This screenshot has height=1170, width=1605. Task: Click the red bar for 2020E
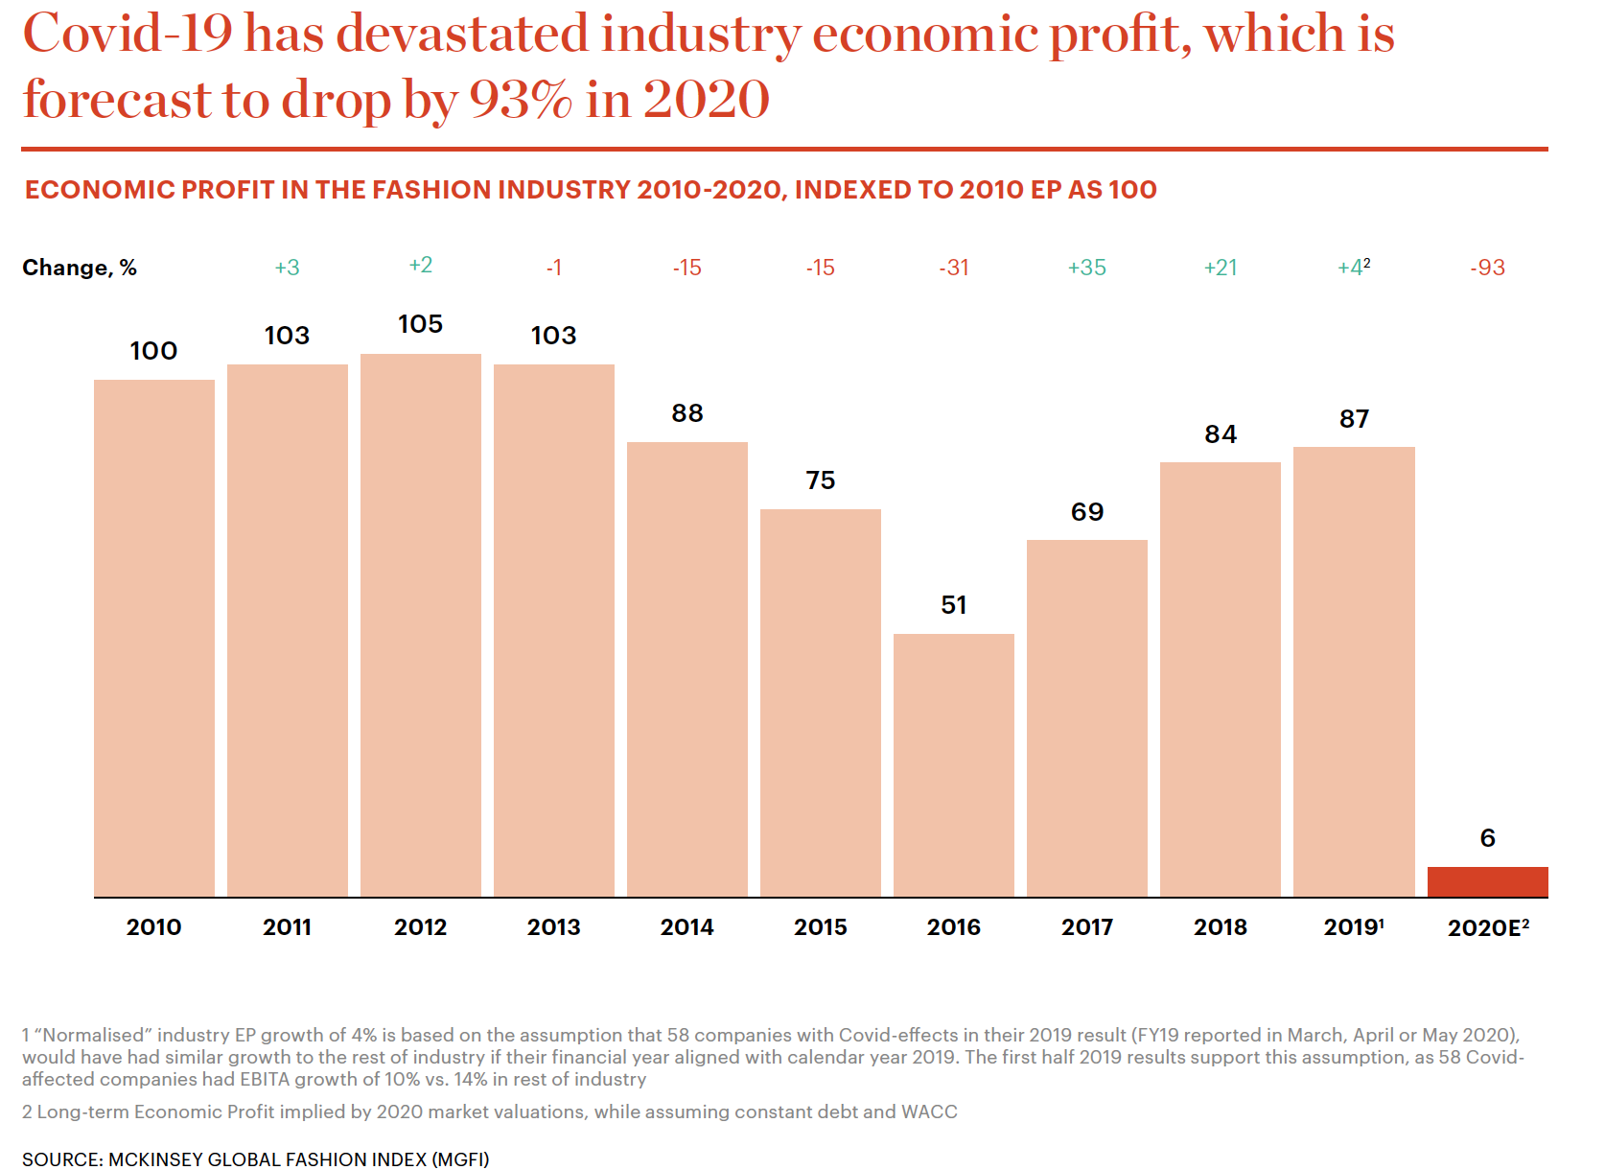click(x=1487, y=881)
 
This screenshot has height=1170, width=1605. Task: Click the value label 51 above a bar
click(x=953, y=605)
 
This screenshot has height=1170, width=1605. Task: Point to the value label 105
click(x=420, y=324)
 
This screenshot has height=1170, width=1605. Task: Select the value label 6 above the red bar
click(x=1487, y=838)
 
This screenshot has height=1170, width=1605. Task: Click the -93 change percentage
click(x=1487, y=268)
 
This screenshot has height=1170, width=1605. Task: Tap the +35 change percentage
click(x=1086, y=268)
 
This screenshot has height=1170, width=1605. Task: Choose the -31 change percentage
click(x=953, y=268)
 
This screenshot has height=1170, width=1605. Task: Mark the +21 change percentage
click(x=1220, y=268)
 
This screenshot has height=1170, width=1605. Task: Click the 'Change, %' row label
click(x=80, y=268)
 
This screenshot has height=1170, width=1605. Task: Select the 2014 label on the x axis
click(x=686, y=927)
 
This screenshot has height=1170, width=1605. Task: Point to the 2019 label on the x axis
click(x=1352, y=927)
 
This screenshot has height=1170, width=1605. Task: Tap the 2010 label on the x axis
click(x=153, y=927)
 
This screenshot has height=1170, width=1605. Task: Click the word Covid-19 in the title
click(x=128, y=34)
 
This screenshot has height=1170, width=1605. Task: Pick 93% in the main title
click(x=521, y=100)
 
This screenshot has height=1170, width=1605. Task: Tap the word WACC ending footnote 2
click(x=929, y=1111)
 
